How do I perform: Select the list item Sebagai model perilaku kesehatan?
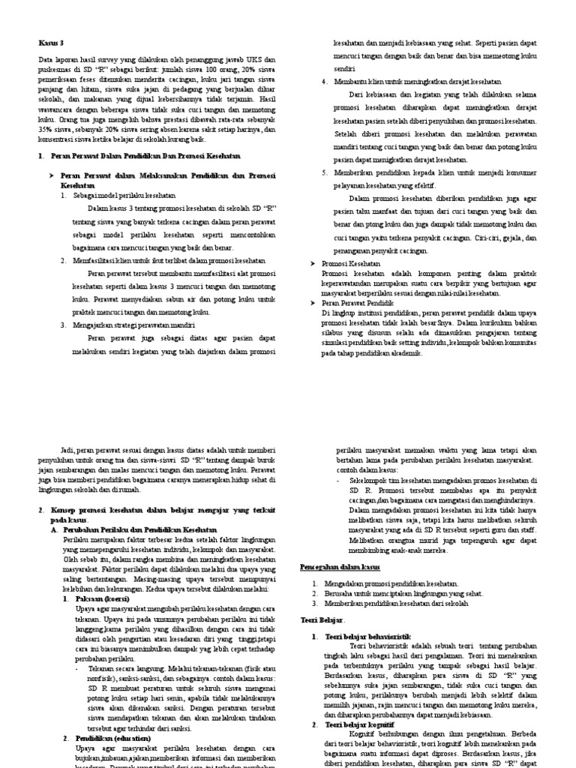tap(124, 195)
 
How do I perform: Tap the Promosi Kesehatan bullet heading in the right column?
tap(351, 265)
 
